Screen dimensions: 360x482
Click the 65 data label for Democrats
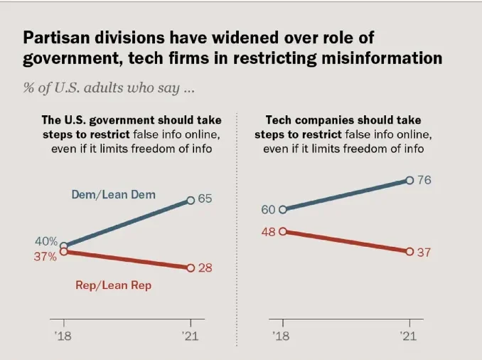click(x=205, y=198)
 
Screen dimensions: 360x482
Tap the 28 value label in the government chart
click(x=205, y=268)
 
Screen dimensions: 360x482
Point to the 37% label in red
click(x=45, y=257)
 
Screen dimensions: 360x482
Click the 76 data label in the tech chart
click(x=424, y=180)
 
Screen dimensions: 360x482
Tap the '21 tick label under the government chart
click(x=190, y=335)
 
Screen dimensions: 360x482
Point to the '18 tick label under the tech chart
click(x=282, y=335)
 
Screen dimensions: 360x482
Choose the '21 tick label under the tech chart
click(x=409, y=335)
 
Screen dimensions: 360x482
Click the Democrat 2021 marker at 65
click(x=191, y=201)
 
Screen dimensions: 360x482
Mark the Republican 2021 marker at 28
click(x=191, y=268)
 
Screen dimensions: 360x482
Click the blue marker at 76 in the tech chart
click(x=409, y=181)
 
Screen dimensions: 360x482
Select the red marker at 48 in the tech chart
click(x=283, y=231)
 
